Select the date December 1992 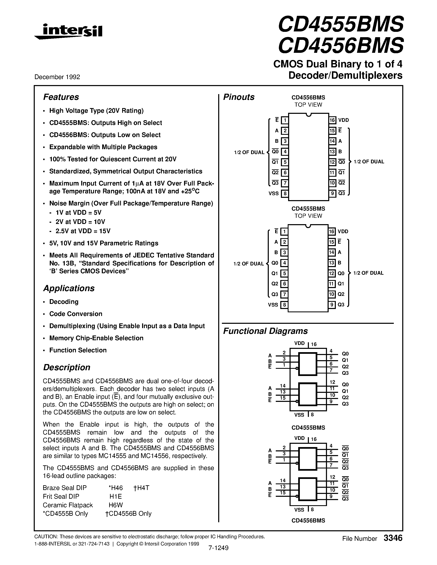57,77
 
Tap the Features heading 61,97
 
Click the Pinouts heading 239,97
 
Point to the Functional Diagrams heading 265,331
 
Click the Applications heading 69,288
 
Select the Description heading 67,367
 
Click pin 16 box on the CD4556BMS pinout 332,120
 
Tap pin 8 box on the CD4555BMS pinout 284,305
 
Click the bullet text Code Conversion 76,314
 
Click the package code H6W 116,505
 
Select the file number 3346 393,538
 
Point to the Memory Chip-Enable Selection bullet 96,338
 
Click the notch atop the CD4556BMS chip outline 308,115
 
